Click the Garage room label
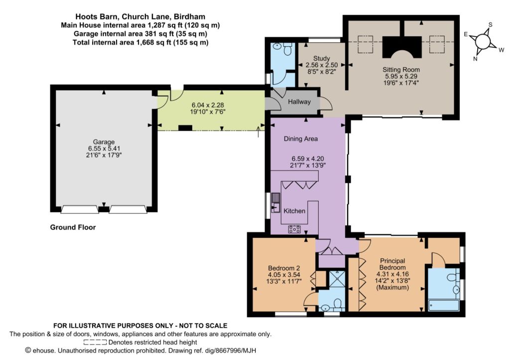pos(104,142)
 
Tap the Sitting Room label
pos(401,70)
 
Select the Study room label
pos(322,59)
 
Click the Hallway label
pos(299,102)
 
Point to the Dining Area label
pos(300,139)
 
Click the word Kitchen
pos(294,211)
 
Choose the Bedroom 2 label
pos(284,268)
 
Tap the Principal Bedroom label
pos(392,264)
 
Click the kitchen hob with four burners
pos(294,229)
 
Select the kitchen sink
pos(275,202)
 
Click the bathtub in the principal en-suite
pos(444,305)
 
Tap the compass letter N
pos(475,59)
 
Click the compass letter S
pos(491,25)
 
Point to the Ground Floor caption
pos(73,228)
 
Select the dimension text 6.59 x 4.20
pos(308,159)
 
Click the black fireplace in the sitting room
pos(401,47)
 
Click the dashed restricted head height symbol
pos(95,342)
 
